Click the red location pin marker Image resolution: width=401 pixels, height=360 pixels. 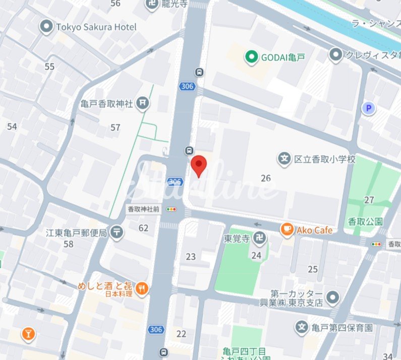[x=199, y=165]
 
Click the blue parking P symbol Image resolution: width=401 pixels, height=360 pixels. [x=369, y=108]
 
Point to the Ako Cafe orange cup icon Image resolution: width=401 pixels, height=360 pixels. [x=287, y=230]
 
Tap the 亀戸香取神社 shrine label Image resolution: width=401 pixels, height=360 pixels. [x=106, y=104]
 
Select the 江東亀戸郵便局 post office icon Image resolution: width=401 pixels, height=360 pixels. [x=117, y=232]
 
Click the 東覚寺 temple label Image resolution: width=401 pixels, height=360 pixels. [x=237, y=237]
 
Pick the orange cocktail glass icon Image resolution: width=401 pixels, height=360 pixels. [x=28, y=333]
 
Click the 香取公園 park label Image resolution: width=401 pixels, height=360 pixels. [x=365, y=221]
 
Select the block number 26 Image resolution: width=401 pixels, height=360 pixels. [x=266, y=178]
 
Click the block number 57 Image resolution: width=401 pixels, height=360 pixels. [x=116, y=128]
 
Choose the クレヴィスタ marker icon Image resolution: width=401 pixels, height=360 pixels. [x=336, y=55]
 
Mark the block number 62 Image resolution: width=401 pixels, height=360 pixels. [x=144, y=228]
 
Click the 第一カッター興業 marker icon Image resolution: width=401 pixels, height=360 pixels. [x=332, y=298]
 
